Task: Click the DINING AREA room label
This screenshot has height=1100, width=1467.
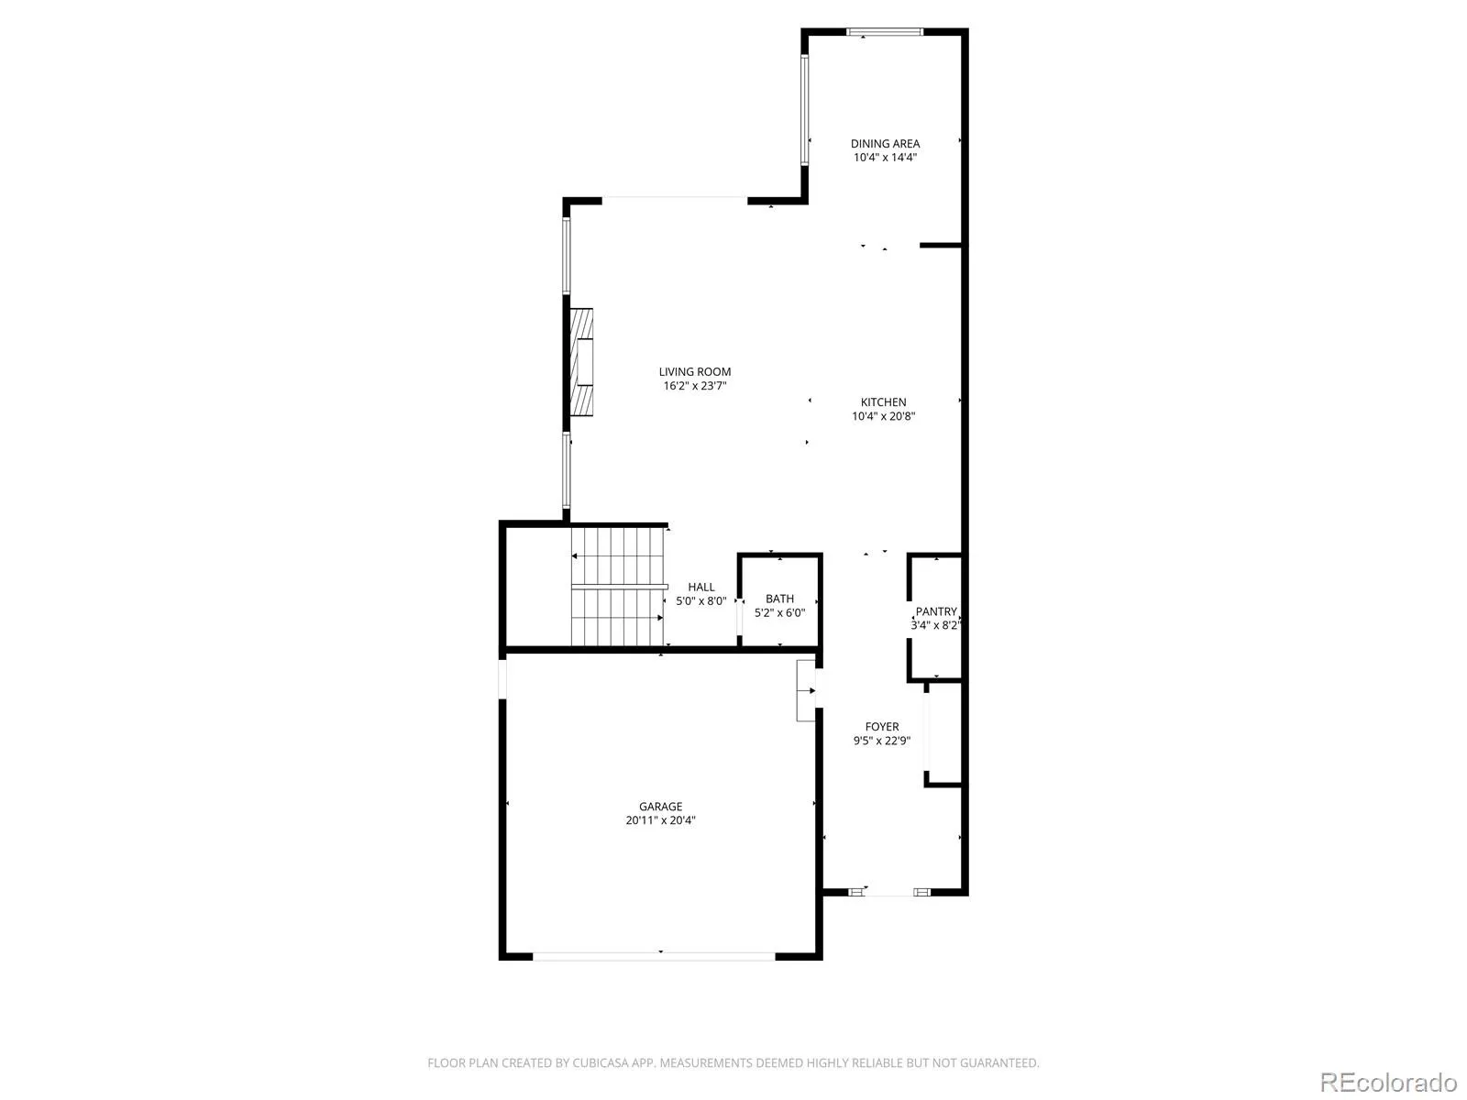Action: (885, 144)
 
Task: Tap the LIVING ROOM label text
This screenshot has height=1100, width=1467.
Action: (694, 372)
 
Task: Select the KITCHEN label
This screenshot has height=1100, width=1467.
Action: (883, 402)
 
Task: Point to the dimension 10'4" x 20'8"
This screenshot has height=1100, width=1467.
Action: (883, 416)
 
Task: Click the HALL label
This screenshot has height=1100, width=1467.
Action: (701, 587)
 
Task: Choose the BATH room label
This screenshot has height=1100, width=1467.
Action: (779, 599)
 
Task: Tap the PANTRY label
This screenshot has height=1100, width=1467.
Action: (936, 611)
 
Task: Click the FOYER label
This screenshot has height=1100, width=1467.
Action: (881, 727)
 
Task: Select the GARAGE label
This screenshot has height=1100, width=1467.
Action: (660, 807)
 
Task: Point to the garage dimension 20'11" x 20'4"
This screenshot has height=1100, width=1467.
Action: (660, 820)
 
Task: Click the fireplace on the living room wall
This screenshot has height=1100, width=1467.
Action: (580, 362)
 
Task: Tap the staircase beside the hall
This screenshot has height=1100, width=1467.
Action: (618, 587)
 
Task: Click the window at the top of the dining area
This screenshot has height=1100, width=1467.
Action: (884, 31)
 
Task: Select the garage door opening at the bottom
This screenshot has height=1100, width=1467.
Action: (654, 956)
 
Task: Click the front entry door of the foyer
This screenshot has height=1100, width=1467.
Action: (888, 892)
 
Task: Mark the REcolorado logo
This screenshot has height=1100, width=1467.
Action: (1388, 1082)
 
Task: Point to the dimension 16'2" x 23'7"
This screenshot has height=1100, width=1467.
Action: (694, 386)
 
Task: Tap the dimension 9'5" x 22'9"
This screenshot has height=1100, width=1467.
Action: (881, 741)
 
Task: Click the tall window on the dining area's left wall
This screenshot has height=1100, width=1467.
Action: (805, 109)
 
